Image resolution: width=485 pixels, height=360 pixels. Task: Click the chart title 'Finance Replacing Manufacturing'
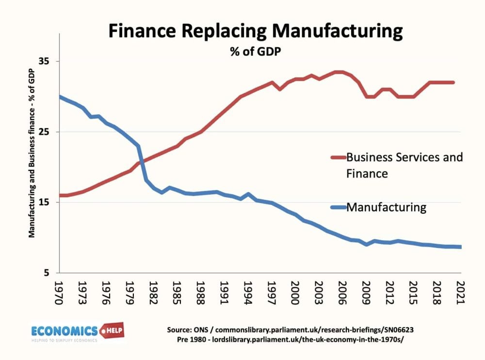[255, 31]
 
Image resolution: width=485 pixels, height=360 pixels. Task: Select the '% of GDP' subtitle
[255, 51]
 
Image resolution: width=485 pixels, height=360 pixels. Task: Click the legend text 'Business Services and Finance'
[404, 165]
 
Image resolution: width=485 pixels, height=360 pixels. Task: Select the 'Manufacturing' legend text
[386, 207]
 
